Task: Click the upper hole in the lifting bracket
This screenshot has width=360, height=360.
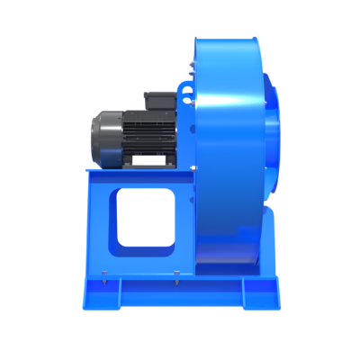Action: tap(185, 89)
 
